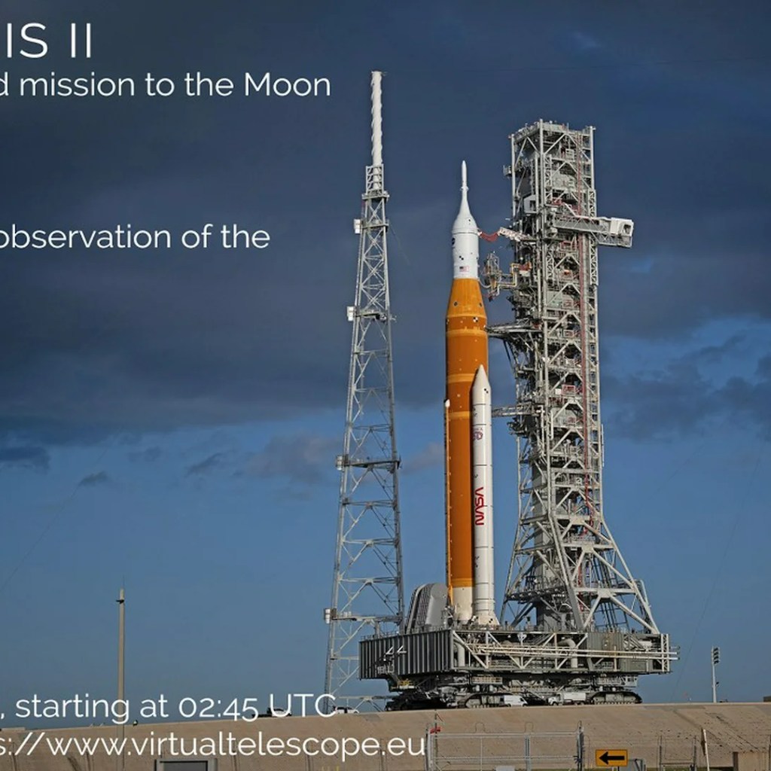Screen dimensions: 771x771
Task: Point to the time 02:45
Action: [218, 707]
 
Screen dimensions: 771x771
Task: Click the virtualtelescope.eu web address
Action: [218, 745]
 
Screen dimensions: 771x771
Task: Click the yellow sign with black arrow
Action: [611, 757]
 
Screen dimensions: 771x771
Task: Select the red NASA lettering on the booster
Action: [480, 506]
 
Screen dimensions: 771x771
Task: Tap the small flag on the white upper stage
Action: [463, 268]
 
